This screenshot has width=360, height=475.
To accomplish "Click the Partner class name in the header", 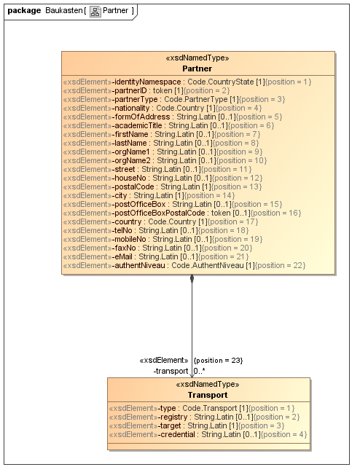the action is pyautogui.click(x=197, y=68).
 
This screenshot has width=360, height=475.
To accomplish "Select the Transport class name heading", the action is pyautogui.click(x=208, y=395).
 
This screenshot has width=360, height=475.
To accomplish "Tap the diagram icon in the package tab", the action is pyautogui.click(x=95, y=12).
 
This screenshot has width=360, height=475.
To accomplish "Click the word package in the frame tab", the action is pyautogui.click(x=24, y=11).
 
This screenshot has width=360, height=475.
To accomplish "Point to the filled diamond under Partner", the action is pyautogui.click(x=192, y=278).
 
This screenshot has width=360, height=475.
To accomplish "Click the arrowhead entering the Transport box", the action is pyautogui.click(x=192, y=375).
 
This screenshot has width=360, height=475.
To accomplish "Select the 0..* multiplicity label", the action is pyautogui.click(x=200, y=371).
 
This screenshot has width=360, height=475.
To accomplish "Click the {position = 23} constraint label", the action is pyautogui.click(x=218, y=360).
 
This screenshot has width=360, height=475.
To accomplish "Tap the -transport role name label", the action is pyautogui.click(x=171, y=371).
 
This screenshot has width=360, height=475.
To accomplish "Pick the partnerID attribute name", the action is pyautogui.click(x=130, y=90).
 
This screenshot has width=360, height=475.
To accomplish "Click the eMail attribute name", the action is pyautogui.click(x=122, y=257).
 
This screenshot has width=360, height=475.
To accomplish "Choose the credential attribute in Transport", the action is pyautogui.click(x=176, y=435).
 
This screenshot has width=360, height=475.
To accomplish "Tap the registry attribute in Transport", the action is pyautogui.click(x=173, y=417).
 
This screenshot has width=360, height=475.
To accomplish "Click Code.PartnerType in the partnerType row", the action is pyautogui.click(x=196, y=99).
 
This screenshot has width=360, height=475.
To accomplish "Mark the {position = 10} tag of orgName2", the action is pyautogui.click(x=242, y=160).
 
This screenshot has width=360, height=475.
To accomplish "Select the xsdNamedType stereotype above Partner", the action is pyautogui.click(x=197, y=58).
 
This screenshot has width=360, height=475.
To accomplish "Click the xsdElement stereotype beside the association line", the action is pyautogui.click(x=164, y=360).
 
